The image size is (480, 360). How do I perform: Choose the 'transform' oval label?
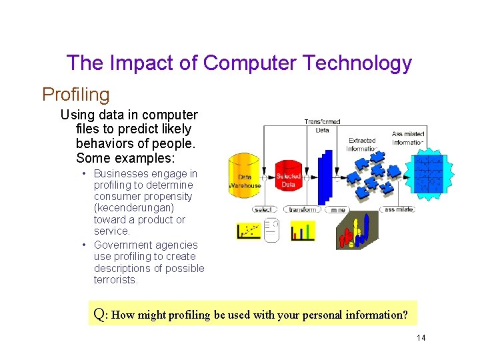(303, 209)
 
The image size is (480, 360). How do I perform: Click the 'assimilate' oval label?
(400, 209)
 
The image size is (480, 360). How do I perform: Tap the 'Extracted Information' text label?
(362, 145)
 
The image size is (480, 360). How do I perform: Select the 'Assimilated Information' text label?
(407, 138)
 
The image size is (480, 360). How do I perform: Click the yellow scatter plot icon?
(248, 231)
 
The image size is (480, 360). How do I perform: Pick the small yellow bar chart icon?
(303, 231)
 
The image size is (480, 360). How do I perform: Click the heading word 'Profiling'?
(75, 95)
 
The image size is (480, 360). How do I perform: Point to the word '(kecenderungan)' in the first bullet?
(134, 208)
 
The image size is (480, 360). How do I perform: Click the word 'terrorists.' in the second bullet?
(116, 279)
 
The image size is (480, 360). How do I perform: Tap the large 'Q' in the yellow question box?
(99, 314)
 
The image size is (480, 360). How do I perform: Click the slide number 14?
(421, 338)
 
